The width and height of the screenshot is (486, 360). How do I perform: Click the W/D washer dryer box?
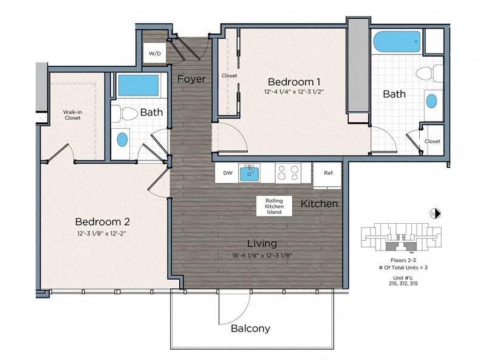(154, 53)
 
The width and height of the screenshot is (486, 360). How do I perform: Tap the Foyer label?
(191, 79)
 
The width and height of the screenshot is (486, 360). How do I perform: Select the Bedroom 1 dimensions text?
(294, 92)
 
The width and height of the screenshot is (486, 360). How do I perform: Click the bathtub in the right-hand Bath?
(397, 41)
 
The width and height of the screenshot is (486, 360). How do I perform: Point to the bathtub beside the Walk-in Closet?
(139, 85)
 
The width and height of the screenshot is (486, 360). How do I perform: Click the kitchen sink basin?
(249, 173)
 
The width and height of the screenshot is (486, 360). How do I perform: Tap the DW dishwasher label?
(228, 173)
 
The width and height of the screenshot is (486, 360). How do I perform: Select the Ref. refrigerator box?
(327, 175)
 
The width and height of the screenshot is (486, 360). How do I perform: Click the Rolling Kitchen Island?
(274, 206)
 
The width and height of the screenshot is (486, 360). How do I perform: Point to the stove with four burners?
(288, 173)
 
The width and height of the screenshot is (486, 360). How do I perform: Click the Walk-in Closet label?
(72, 115)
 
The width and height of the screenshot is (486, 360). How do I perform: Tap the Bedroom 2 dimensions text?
(101, 234)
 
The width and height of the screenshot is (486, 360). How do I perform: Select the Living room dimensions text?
(262, 256)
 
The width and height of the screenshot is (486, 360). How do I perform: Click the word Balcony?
(250, 328)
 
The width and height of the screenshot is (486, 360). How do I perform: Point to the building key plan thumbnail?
(402, 237)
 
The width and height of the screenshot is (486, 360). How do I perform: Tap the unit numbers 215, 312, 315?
(403, 283)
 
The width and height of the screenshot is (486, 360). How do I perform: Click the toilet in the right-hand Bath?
(430, 74)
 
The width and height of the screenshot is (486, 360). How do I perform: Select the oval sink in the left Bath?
(122, 140)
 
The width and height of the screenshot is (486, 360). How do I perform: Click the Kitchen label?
(319, 204)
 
